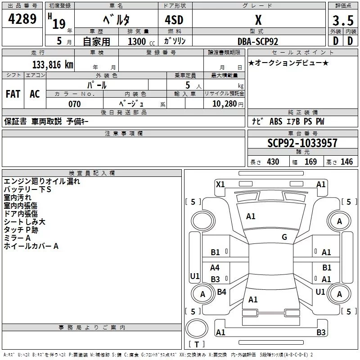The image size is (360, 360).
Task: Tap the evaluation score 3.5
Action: [342, 21]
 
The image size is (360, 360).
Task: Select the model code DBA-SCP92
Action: [258, 41]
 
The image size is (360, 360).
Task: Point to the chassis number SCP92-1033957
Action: [302, 144]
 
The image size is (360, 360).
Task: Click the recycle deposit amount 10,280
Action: [224, 104]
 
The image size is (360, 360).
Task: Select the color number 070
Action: [74, 104]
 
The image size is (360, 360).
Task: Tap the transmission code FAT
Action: [13, 94]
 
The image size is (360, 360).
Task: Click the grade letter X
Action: [258, 20]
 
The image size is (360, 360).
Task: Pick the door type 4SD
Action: [174, 20]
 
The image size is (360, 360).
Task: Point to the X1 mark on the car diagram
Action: [220, 184]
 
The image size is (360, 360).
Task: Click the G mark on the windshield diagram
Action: [284, 237]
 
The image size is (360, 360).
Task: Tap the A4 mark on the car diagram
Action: [215, 268]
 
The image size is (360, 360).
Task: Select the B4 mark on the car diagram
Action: [221, 292]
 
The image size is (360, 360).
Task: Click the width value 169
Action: [310, 162]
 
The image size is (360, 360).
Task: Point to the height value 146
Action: [346, 162]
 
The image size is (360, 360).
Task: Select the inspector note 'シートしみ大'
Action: [24, 222]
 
